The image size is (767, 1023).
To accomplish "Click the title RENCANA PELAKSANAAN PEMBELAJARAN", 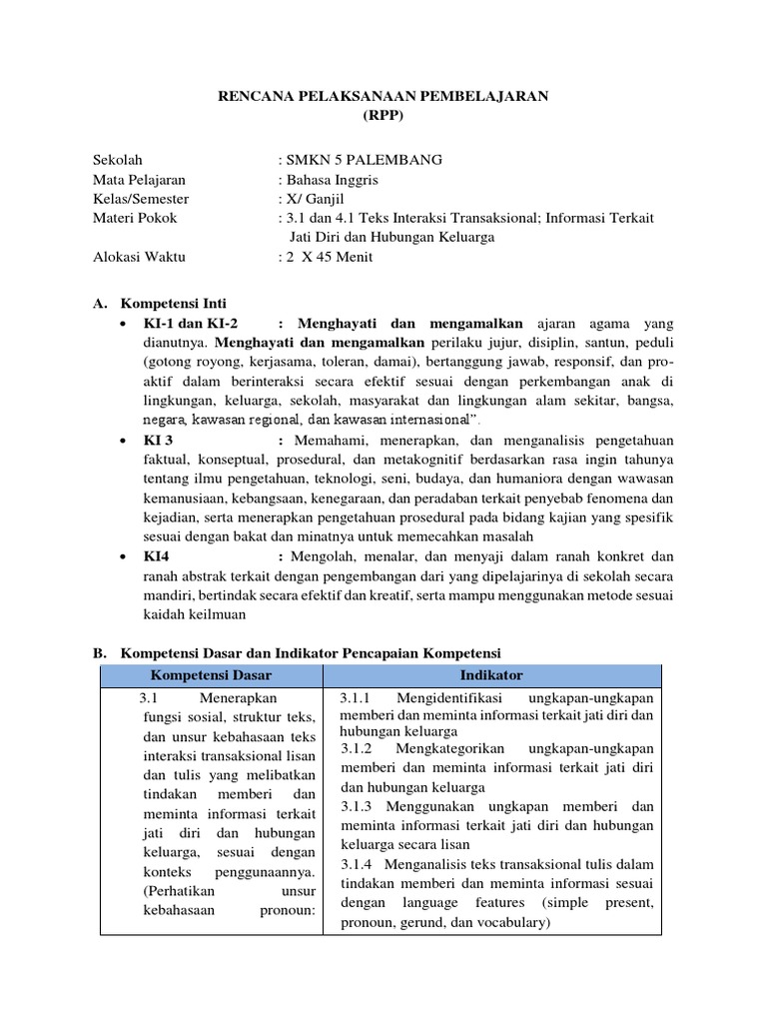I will click(x=383, y=95).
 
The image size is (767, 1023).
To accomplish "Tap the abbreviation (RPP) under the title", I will click(x=383, y=115).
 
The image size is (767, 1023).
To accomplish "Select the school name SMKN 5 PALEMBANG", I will click(x=363, y=160).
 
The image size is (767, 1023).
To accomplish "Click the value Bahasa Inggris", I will click(x=333, y=180).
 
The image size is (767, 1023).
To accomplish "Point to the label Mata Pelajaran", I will click(x=139, y=180).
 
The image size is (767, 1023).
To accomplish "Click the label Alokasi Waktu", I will click(x=139, y=257).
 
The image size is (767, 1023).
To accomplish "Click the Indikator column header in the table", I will click(x=492, y=675).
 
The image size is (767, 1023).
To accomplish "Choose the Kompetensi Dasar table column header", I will click(x=212, y=675).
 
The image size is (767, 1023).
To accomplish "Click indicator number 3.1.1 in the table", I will click(x=356, y=697).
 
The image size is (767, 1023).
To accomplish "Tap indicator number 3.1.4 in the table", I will click(x=356, y=864).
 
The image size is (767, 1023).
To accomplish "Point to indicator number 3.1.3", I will click(x=356, y=806).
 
